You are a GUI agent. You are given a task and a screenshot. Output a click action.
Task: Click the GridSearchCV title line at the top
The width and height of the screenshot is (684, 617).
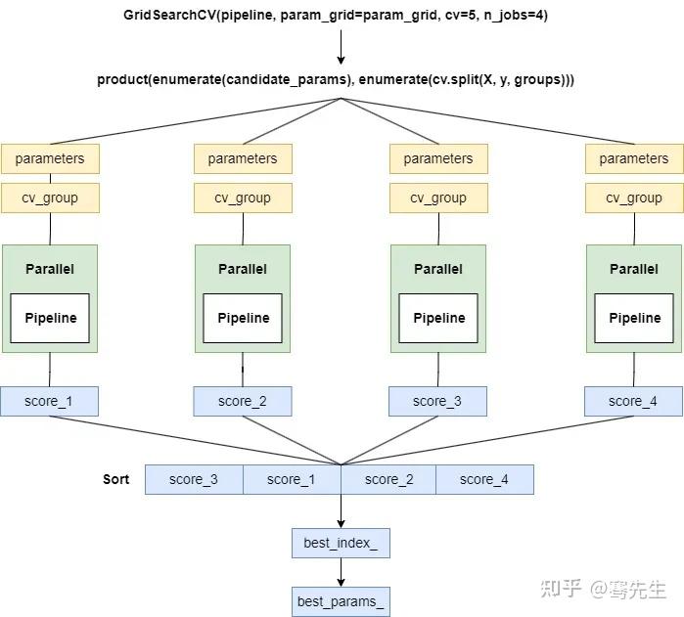click(341, 16)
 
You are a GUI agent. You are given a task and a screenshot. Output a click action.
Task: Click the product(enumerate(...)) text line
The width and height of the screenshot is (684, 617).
click(336, 79)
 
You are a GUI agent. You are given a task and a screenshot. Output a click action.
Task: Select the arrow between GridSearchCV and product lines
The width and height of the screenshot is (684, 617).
click(341, 47)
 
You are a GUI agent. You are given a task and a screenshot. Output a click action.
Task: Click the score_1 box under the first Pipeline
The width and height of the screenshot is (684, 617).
click(49, 401)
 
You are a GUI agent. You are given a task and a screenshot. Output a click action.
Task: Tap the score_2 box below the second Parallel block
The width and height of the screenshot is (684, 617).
click(243, 401)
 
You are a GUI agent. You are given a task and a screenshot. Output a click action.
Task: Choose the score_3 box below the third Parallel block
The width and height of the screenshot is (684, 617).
click(437, 401)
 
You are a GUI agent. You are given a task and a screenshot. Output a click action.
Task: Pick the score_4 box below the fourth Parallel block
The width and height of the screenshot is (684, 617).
click(632, 401)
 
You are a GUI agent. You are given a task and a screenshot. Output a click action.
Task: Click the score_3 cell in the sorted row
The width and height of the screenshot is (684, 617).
click(194, 479)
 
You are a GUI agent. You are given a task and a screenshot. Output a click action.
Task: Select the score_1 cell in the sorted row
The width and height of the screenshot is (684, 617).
click(292, 479)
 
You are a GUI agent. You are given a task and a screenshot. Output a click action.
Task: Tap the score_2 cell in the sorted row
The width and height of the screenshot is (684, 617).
click(388, 479)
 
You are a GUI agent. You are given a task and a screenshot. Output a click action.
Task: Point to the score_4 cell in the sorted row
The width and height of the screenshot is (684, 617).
click(484, 479)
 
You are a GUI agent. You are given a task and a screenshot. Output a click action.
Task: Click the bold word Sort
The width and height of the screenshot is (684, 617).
click(116, 479)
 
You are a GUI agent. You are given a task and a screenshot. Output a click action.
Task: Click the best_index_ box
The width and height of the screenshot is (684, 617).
click(341, 543)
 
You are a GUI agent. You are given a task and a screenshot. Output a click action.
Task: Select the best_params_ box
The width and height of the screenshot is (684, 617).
click(341, 601)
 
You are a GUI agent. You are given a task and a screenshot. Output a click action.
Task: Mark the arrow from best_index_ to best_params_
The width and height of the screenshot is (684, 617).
click(341, 572)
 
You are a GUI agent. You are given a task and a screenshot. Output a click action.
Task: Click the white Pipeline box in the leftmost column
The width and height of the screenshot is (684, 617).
click(50, 318)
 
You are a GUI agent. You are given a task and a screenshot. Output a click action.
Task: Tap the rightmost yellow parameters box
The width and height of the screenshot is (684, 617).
click(633, 158)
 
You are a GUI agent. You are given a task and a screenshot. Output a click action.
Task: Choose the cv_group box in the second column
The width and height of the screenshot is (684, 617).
click(243, 198)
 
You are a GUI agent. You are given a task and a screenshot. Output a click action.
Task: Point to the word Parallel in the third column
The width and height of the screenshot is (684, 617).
click(438, 269)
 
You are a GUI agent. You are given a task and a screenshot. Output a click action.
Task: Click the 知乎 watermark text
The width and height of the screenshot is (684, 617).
click(562, 589)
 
